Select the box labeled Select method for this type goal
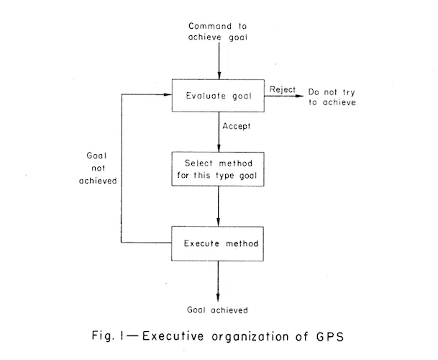[218, 171]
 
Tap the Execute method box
[218, 243]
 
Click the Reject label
[283, 89]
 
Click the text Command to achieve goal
[220, 32]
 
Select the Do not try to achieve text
[332, 97]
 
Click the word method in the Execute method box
[241, 243]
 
